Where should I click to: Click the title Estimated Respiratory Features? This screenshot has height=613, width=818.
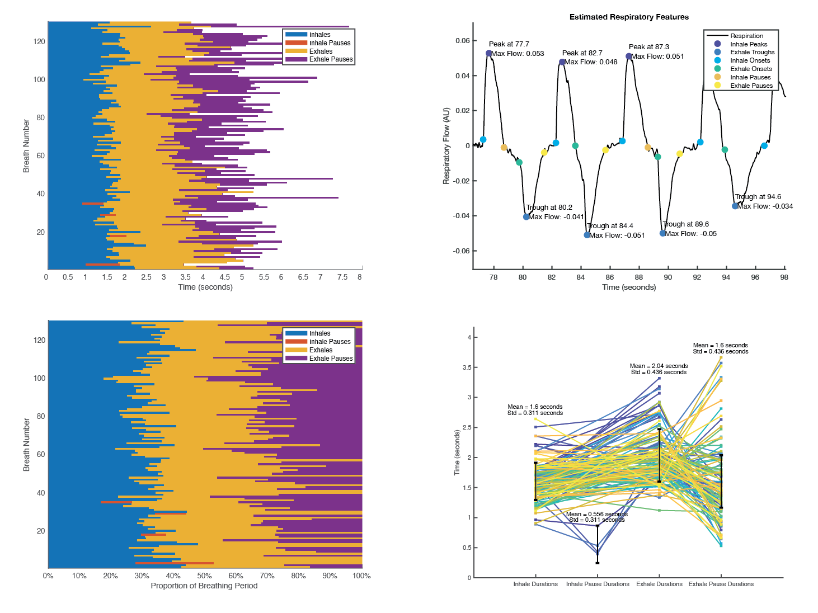(x=629, y=17)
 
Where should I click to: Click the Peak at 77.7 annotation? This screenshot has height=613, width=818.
(x=509, y=44)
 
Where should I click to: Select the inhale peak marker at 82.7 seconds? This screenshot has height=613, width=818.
(x=562, y=62)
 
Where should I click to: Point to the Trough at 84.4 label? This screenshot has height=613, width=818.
(x=610, y=226)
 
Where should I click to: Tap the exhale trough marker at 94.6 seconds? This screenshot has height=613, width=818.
(x=735, y=206)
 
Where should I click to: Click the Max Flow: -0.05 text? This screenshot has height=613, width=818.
(x=690, y=234)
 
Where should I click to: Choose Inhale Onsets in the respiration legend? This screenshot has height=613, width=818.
(x=750, y=60)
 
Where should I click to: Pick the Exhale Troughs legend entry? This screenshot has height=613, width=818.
(x=752, y=52)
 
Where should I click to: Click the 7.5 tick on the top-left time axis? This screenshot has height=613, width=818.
(x=342, y=277)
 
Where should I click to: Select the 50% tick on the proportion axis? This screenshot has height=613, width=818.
(x=204, y=576)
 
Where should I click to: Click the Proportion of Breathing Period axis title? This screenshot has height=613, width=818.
(x=204, y=586)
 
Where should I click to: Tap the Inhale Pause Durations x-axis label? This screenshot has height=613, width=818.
(x=598, y=584)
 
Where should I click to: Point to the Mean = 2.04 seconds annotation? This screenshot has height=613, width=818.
(x=659, y=366)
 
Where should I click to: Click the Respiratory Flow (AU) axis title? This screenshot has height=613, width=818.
(x=446, y=146)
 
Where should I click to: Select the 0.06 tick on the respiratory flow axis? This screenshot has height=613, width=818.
(x=463, y=41)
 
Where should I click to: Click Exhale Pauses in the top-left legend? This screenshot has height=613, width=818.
(x=331, y=59)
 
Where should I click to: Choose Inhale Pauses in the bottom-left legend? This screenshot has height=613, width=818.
(x=330, y=342)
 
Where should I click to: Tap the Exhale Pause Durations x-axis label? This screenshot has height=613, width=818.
(x=721, y=584)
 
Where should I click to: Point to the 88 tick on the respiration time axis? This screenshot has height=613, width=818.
(x=639, y=277)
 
